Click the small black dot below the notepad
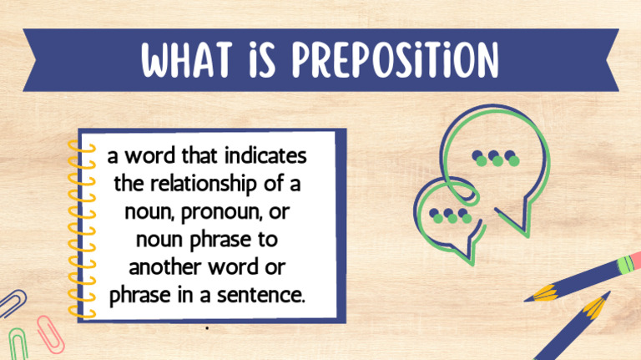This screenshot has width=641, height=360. click(206, 328)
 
